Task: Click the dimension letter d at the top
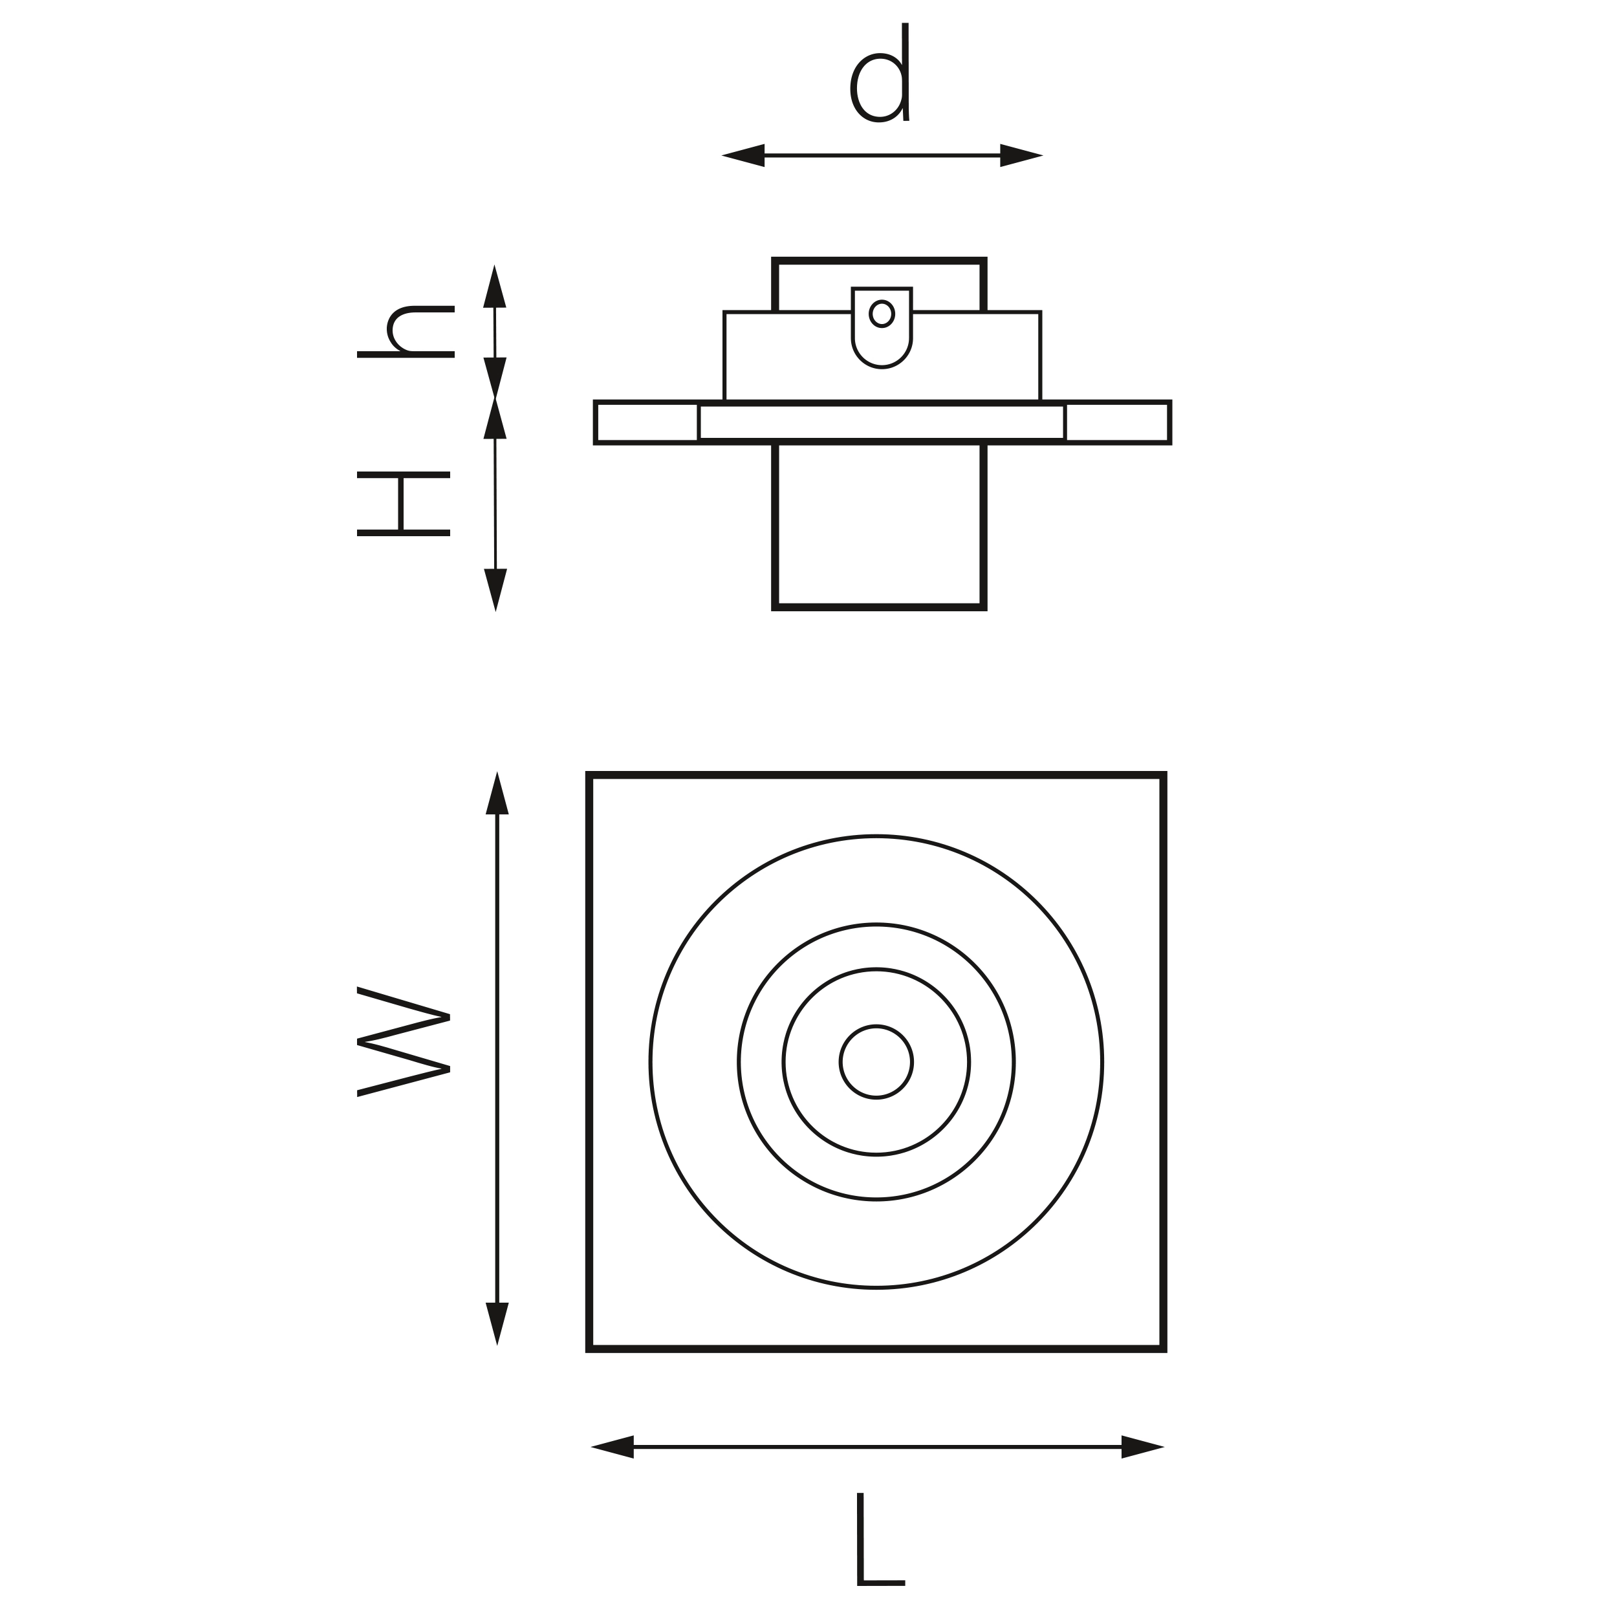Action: tap(880, 73)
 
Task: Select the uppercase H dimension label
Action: tap(404, 504)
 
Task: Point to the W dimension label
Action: tap(404, 1042)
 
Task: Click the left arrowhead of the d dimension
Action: tap(743, 156)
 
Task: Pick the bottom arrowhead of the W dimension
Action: tap(497, 1324)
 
